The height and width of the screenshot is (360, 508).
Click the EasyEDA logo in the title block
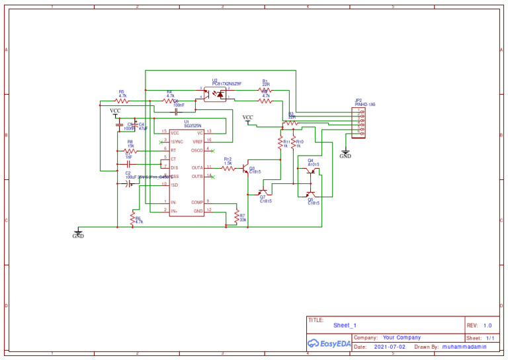(x=328, y=343)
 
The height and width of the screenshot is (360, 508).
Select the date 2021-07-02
(x=389, y=347)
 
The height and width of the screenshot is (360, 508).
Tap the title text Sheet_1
(x=345, y=326)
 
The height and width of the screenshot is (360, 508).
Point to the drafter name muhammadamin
(x=464, y=347)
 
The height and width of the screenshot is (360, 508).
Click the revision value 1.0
(x=487, y=326)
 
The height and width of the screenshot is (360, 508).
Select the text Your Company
(x=402, y=337)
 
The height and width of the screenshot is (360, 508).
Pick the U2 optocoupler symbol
(x=214, y=94)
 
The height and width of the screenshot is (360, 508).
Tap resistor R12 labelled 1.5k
(x=228, y=168)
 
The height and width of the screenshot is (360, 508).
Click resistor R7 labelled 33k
(x=236, y=216)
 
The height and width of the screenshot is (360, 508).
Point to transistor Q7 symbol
(x=263, y=193)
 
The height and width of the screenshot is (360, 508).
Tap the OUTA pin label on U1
(x=197, y=168)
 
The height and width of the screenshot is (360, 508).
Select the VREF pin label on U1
(x=197, y=142)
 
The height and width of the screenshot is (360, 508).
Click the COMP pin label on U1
(x=197, y=202)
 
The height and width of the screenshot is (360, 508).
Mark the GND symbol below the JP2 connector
(x=345, y=154)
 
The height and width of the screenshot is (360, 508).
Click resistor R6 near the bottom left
(x=132, y=220)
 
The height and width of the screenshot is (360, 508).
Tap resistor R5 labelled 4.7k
(x=122, y=101)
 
